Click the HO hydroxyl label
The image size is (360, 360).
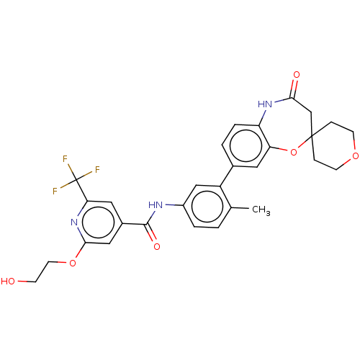click(8, 281)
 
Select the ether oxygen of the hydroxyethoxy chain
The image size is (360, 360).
click(73, 264)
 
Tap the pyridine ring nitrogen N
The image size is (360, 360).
click(74, 222)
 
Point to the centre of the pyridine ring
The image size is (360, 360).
click(99, 222)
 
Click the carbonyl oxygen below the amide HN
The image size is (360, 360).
click(157, 247)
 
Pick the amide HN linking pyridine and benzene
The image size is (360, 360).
click(156, 205)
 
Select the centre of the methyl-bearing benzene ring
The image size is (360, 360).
click(207, 206)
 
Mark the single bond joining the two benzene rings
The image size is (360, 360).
click(227, 176)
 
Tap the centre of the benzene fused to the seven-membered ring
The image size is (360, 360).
click(246, 145)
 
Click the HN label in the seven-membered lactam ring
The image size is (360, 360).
click(265, 104)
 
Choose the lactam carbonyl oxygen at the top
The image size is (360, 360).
click(297, 75)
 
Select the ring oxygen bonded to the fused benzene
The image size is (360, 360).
click(294, 152)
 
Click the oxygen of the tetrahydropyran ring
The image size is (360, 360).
click(356, 156)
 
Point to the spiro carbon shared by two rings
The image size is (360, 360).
click(311, 137)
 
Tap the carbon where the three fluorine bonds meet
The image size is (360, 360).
click(76, 179)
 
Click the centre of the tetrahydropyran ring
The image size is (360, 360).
click(333, 146)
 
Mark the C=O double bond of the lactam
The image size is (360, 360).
click(294, 89)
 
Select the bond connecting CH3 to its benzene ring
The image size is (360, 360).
click(240, 208)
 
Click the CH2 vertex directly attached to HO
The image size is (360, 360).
click(36, 282)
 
